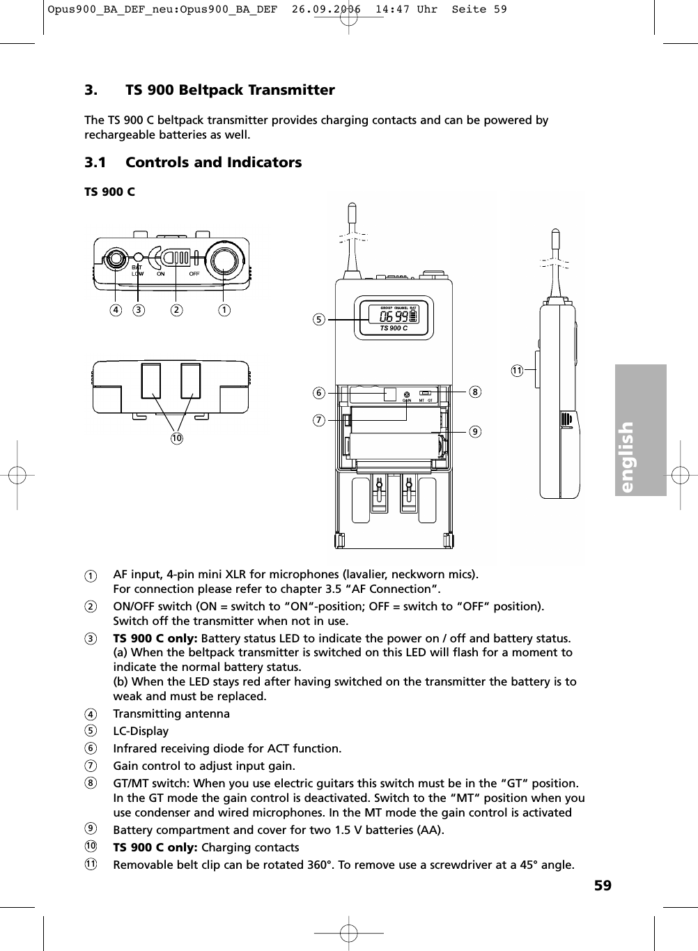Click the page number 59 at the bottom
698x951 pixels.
603,886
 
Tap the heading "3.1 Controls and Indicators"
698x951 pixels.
193,162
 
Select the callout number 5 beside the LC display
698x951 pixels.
318,320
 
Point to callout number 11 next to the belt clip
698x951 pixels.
516,370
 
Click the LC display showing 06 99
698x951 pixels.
394,316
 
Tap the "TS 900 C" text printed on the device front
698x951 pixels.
394,328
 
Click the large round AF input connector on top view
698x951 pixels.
225,259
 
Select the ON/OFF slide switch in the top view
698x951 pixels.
180,258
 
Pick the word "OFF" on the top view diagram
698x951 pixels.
194,274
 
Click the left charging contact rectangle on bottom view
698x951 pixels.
151,380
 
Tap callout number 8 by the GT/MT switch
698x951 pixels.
474,392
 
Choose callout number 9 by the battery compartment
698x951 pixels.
474,432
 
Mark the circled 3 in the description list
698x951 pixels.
91,639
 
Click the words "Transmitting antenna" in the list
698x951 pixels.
171,713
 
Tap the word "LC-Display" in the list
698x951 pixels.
141,731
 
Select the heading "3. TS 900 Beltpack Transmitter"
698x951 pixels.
209,90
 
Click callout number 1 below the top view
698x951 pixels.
224,309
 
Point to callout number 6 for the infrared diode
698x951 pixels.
318,393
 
